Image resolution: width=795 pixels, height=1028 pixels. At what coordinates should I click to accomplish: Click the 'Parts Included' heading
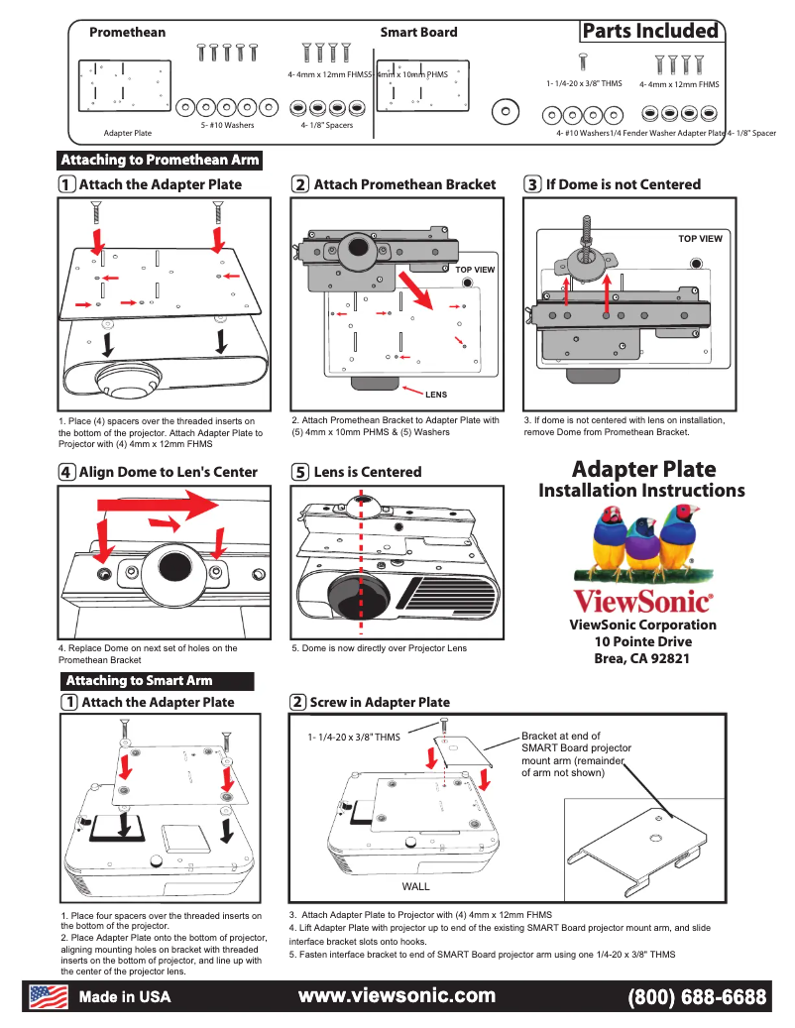pos(650,31)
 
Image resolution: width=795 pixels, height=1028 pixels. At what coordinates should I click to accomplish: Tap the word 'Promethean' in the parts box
pos(127,32)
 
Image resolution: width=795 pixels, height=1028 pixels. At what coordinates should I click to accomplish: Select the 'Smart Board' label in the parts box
pos(418,32)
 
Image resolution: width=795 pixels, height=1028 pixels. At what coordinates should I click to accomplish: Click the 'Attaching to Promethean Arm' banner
pos(160,160)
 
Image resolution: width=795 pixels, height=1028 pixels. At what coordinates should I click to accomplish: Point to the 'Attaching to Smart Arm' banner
pos(139,680)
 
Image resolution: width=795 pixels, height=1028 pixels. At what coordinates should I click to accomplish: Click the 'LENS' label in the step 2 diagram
pos(436,395)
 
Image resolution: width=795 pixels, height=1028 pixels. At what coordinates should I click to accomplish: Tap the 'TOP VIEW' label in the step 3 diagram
pos(700,239)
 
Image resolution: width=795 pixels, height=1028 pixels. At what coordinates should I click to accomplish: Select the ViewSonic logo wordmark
pos(642,601)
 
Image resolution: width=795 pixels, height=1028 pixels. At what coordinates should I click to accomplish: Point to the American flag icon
pos(48,995)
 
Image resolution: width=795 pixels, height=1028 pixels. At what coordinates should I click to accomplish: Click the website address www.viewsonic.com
pos(397,995)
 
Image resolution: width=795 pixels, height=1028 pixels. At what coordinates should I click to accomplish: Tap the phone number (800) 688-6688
pos(697,996)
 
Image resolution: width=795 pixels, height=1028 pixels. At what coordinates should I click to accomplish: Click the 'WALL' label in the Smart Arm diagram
pos(415,885)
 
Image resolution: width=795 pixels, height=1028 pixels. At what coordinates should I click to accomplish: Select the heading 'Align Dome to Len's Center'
pos(168,472)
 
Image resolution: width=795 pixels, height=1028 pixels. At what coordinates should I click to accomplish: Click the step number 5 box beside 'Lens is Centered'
pos(299,472)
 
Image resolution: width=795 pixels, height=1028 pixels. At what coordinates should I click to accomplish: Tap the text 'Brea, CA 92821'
pos(642,659)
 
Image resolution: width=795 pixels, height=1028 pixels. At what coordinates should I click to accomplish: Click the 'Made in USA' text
pos(125,996)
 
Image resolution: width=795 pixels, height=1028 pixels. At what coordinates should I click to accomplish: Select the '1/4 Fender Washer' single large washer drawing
pos(507,111)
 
